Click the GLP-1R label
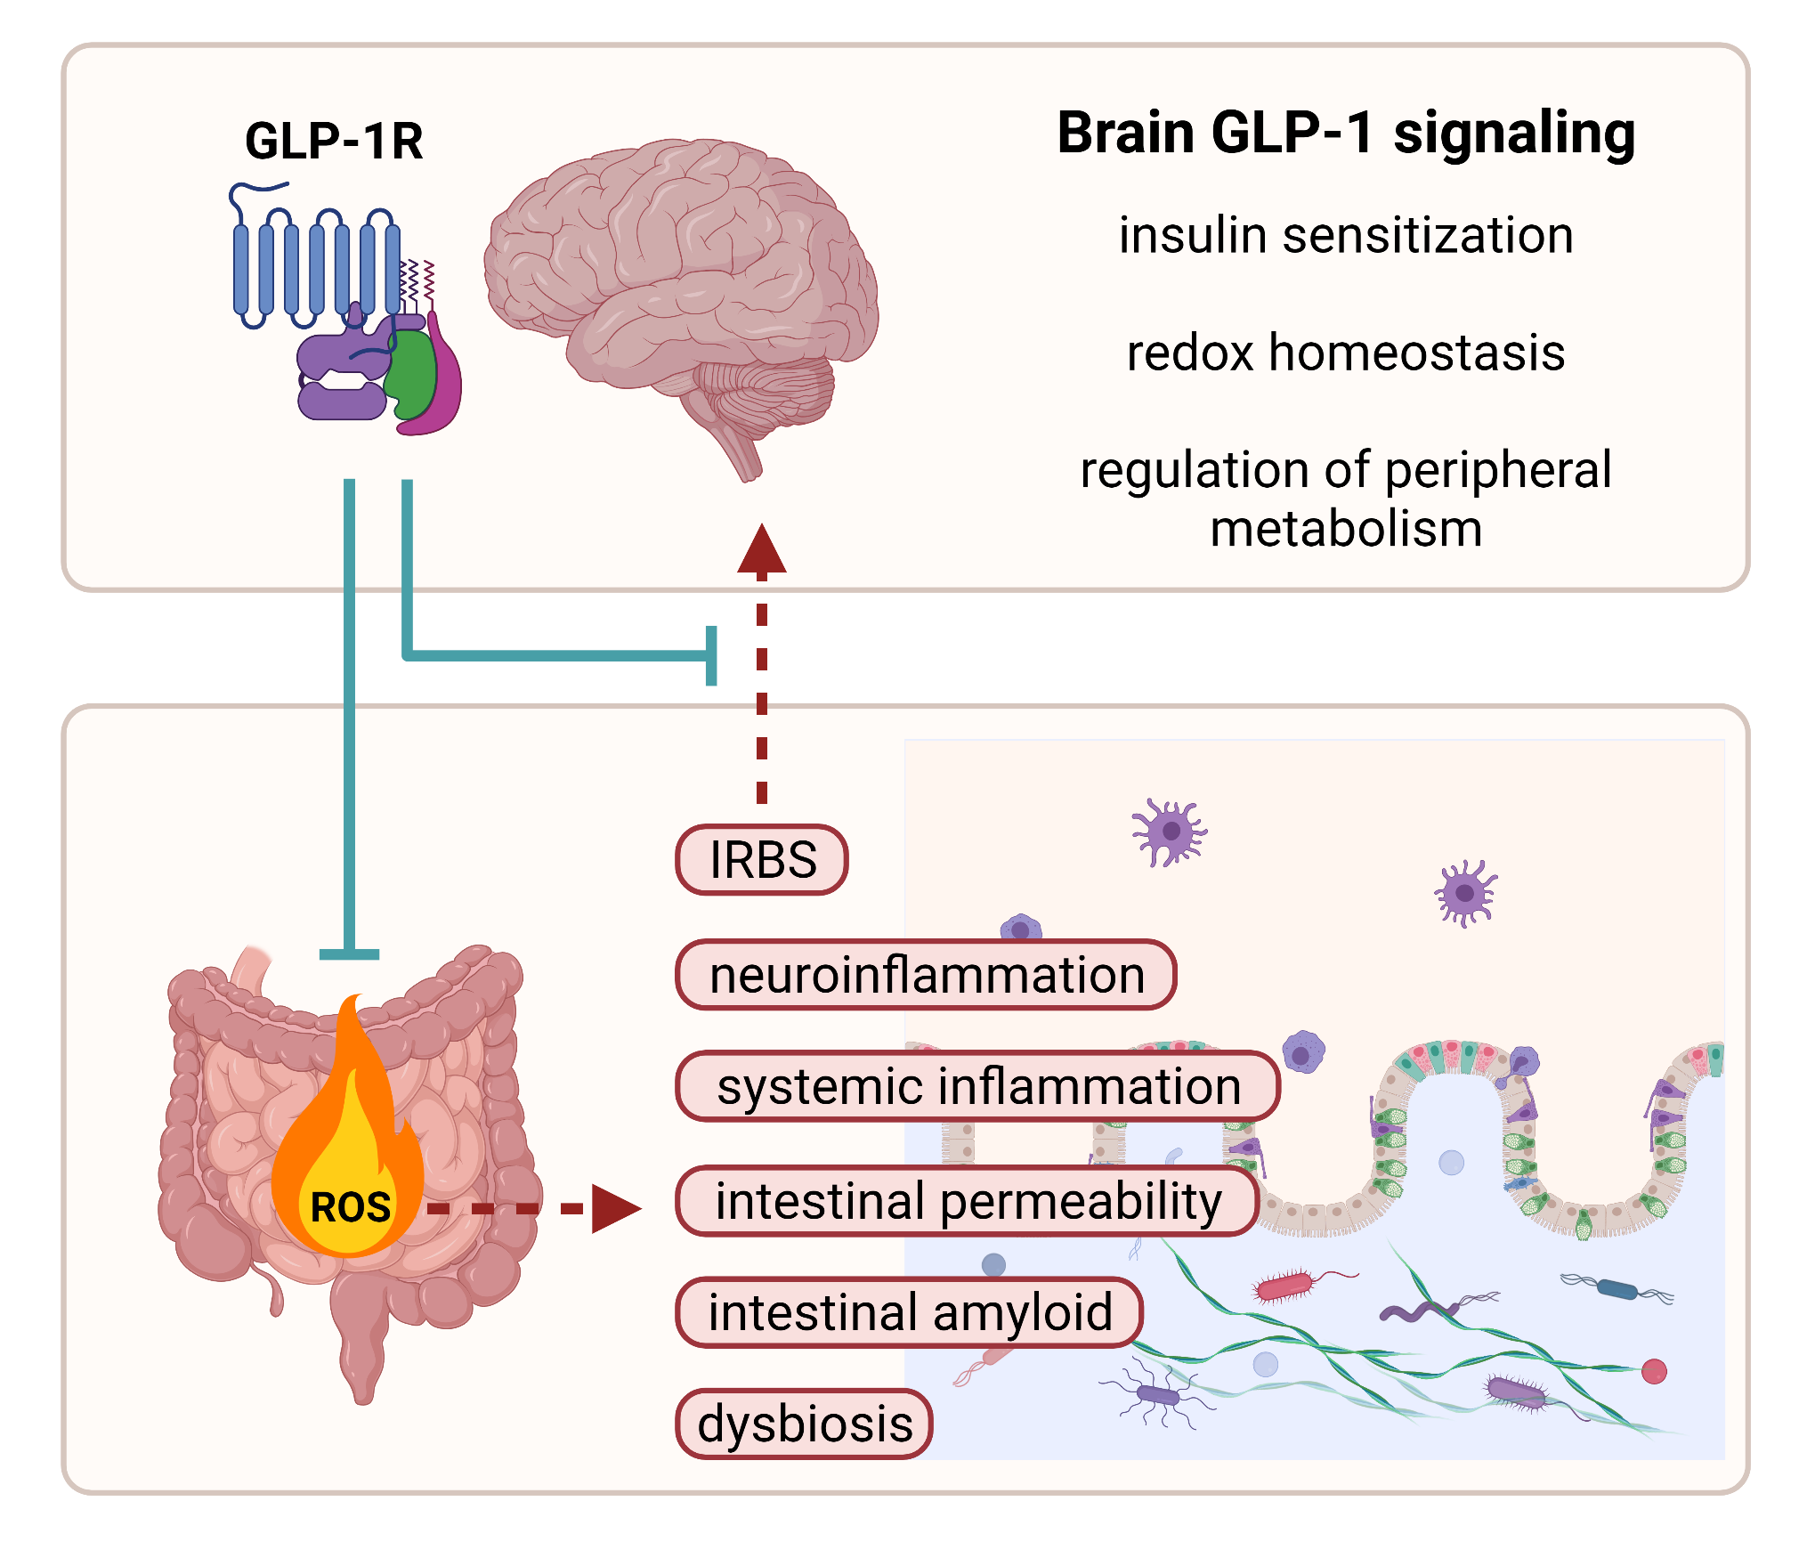point(334,141)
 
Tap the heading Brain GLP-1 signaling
point(1345,134)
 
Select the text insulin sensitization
point(1345,236)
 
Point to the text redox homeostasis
point(1345,353)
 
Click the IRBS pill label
point(762,860)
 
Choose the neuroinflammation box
point(926,975)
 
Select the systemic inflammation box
point(977,1087)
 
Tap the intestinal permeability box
point(968,1201)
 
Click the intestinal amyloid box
point(909,1313)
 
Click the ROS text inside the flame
point(350,1208)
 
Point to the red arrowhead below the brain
point(762,549)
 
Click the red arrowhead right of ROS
point(616,1209)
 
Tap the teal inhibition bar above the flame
point(350,954)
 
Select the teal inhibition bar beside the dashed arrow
point(711,656)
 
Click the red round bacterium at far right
point(1654,1372)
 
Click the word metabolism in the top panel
point(1345,530)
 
